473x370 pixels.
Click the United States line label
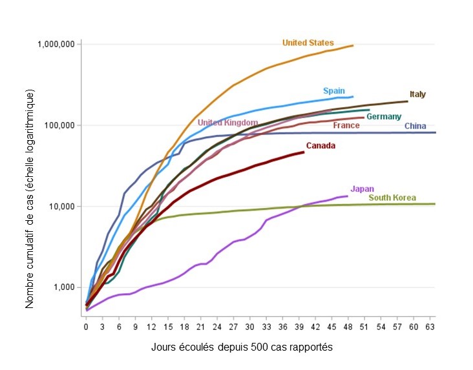(308, 43)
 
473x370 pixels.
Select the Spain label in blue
(334, 91)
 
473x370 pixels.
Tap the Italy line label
(417, 94)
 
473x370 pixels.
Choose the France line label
(346, 125)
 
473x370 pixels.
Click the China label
(415, 126)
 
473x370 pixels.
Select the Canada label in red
(321, 146)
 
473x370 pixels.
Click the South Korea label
(392, 198)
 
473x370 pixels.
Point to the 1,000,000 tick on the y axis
(57, 44)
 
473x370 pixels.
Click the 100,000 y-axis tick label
(60, 125)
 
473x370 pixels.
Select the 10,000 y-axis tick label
(62, 207)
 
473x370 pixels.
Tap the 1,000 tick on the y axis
(64, 287)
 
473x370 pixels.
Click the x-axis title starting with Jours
(241, 347)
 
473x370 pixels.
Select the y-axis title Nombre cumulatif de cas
(30, 194)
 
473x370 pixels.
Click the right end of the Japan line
(348, 196)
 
